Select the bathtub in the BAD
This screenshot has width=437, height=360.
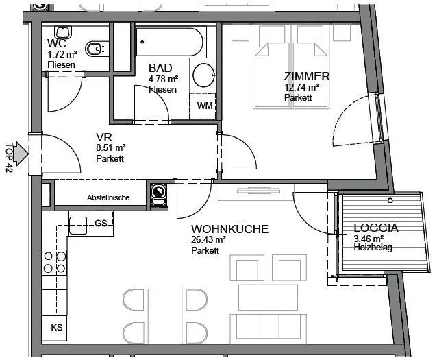169,42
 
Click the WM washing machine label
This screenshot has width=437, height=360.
205,106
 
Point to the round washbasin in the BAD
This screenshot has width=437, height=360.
203,75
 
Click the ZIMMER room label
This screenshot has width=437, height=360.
307,76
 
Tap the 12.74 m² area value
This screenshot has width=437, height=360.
301,87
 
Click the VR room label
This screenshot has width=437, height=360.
104,137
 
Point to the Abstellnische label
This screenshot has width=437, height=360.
108,197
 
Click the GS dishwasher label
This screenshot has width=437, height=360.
101,224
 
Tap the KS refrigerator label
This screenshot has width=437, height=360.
57,327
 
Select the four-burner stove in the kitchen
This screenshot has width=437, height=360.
55,263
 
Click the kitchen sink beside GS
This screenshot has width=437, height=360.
78,226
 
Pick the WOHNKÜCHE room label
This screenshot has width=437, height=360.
229,229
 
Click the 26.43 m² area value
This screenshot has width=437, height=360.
208,239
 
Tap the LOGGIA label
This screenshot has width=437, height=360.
376,228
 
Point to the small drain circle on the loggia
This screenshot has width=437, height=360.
390,200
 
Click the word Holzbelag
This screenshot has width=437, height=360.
373,248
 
